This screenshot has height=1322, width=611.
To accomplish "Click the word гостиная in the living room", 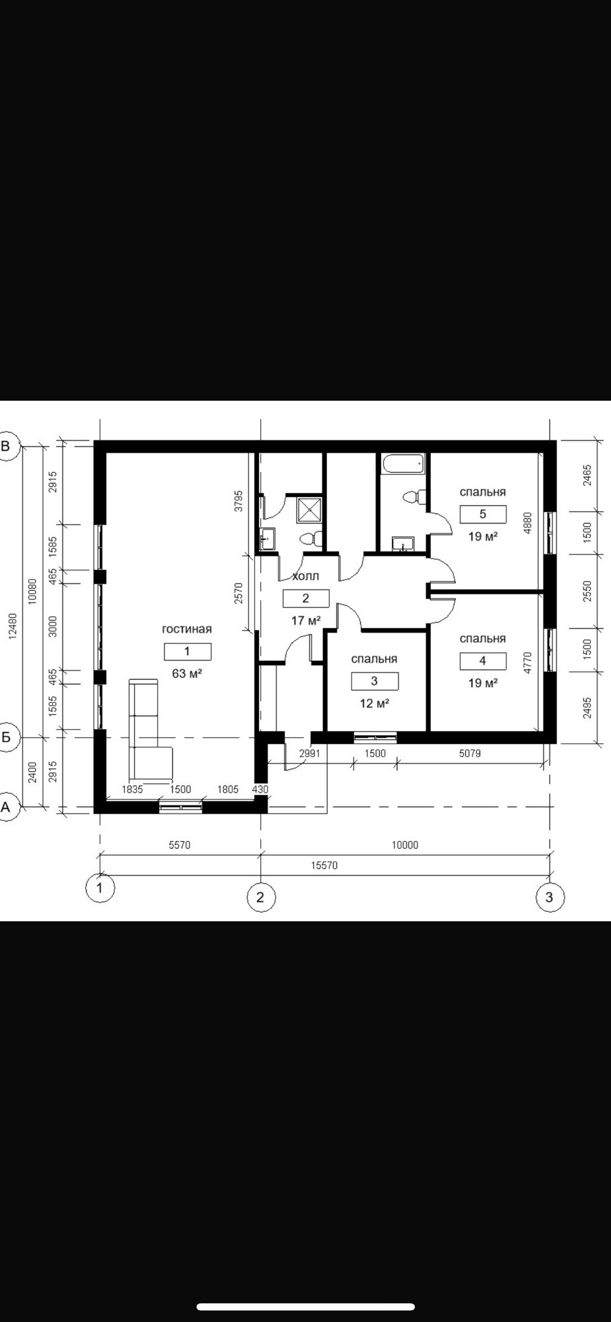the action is click(187, 629).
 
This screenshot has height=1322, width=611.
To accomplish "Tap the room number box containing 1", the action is click(187, 651).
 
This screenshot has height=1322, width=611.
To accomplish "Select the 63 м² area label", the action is click(187, 673).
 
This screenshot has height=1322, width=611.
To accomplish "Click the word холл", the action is click(305, 577).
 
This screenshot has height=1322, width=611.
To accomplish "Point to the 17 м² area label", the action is click(305, 620).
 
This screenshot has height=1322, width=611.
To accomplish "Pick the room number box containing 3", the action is click(374, 681).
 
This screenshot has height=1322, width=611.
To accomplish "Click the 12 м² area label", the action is click(374, 703).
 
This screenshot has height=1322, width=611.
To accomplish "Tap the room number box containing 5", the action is click(483, 515).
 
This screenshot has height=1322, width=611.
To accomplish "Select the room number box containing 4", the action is click(483, 661).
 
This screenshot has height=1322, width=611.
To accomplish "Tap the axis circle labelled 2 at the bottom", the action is click(261, 897).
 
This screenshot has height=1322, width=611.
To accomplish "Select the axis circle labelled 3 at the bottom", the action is click(550, 897).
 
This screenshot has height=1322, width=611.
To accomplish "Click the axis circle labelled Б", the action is click(7, 737).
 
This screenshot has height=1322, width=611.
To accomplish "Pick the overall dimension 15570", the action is click(324, 865).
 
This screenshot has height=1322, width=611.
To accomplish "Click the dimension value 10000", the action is click(405, 845).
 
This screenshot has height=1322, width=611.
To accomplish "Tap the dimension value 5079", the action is click(470, 753).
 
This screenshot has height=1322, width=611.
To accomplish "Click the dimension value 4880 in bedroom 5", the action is click(528, 524).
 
